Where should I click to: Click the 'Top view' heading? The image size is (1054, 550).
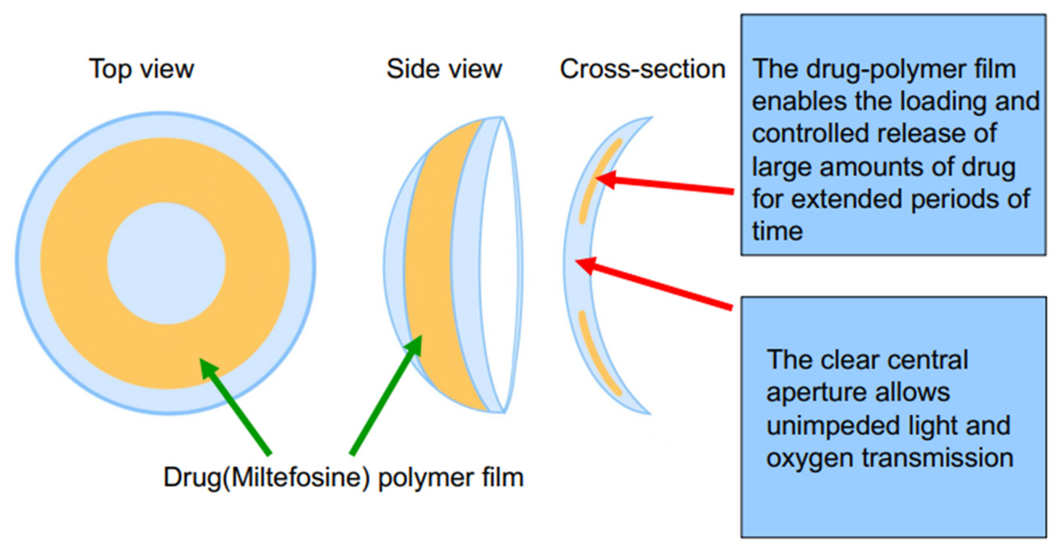pyautogui.click(x=141, y=69)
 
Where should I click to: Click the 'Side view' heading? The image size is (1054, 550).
pyautogui.click(x=444, y=69)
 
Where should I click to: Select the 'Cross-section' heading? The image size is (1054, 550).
pyautogui.click(x=642, y=69)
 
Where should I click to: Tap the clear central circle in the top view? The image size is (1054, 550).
pyautogui.click(x=166, y=264)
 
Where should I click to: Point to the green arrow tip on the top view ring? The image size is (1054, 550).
pyautogui.click(x=204, y=364)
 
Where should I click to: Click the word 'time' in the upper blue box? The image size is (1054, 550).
pyautogui.click(x=777, y=232)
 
